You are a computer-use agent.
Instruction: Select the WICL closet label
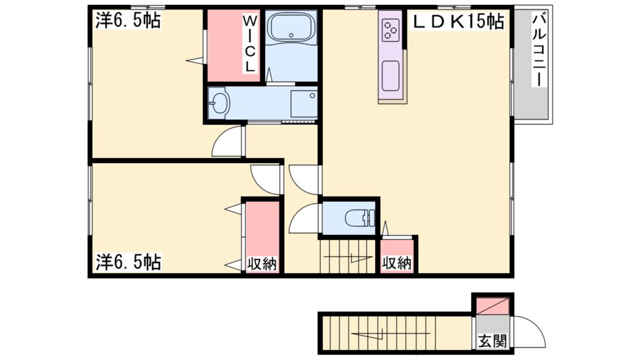click(x=249, y=44)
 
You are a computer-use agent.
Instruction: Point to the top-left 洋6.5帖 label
click(x=127, y=21)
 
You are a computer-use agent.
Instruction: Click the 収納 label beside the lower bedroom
click(x=261, y=264)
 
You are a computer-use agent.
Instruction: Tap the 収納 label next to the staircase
click(x=397, y=264)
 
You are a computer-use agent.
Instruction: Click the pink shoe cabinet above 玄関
click(x=493, y=306)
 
